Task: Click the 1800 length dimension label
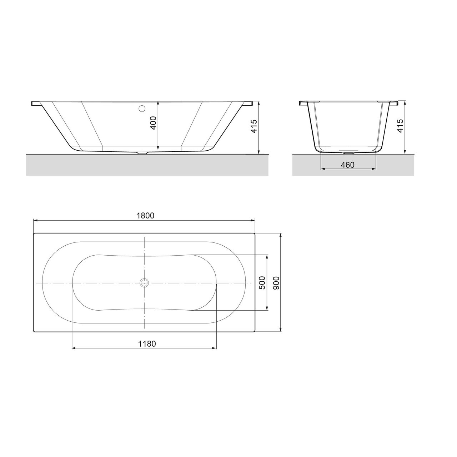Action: tap(145, 216)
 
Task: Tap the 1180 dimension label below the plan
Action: tap(147, 343)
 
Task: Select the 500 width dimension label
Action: tap(262, 283)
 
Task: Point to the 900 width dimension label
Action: tap(276, 283)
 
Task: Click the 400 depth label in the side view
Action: tap(154, 123)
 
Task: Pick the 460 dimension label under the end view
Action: tap(347, 165)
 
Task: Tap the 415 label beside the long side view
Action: tap(254, 126)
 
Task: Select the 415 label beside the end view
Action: tap(400, 126)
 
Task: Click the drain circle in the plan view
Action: tap(144, 283)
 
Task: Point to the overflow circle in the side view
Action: tap(142, 109)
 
